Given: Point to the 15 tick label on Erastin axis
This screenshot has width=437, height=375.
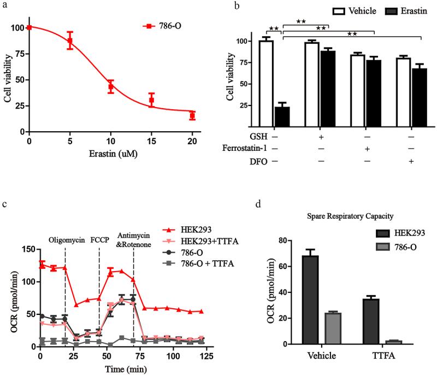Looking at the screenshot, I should (x=151, y=141).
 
